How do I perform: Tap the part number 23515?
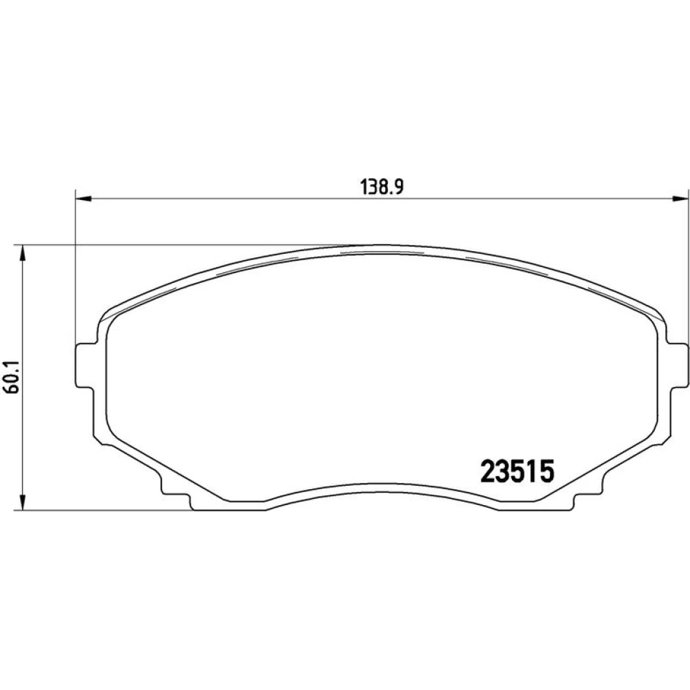click(x=517, y=471)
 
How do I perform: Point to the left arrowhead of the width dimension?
click(x=83, y=199)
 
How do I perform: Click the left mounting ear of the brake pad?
click(x=86, y=365)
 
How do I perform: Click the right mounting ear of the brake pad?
click(x=678, y=365)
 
